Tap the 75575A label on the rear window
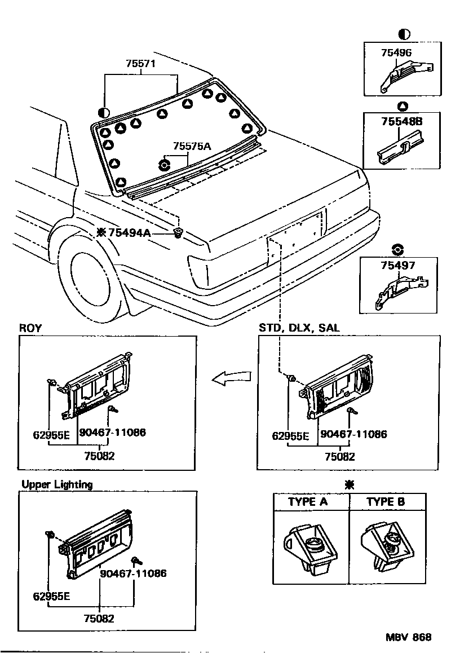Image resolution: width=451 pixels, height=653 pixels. [192, 146]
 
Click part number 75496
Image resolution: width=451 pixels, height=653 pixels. [396, 53]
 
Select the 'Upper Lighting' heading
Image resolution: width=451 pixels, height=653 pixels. [57, 484]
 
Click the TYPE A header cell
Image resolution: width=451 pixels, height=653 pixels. [308, 502]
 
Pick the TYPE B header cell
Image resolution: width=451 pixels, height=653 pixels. [386, 502]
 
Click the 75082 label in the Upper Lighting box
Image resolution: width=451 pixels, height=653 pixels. [99, 618]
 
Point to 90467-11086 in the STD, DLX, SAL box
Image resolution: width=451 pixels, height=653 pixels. [353, 434]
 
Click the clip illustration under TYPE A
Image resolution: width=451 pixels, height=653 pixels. [309, 547]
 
